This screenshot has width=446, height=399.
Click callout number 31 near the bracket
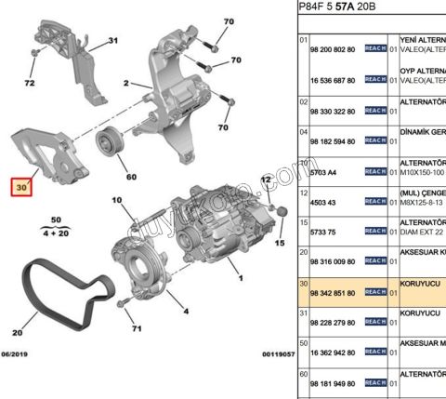(x=112, y=42)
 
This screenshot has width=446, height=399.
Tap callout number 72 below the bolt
(x=30, y=83)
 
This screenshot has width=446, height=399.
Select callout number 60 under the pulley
(x=130, y=176)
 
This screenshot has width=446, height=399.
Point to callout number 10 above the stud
(x=116, y=200)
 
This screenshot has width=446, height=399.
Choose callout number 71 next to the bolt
(x=136, y=328)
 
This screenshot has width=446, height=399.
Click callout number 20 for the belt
(x=18, y=330)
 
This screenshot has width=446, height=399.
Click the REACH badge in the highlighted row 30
(x=374, y=292)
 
